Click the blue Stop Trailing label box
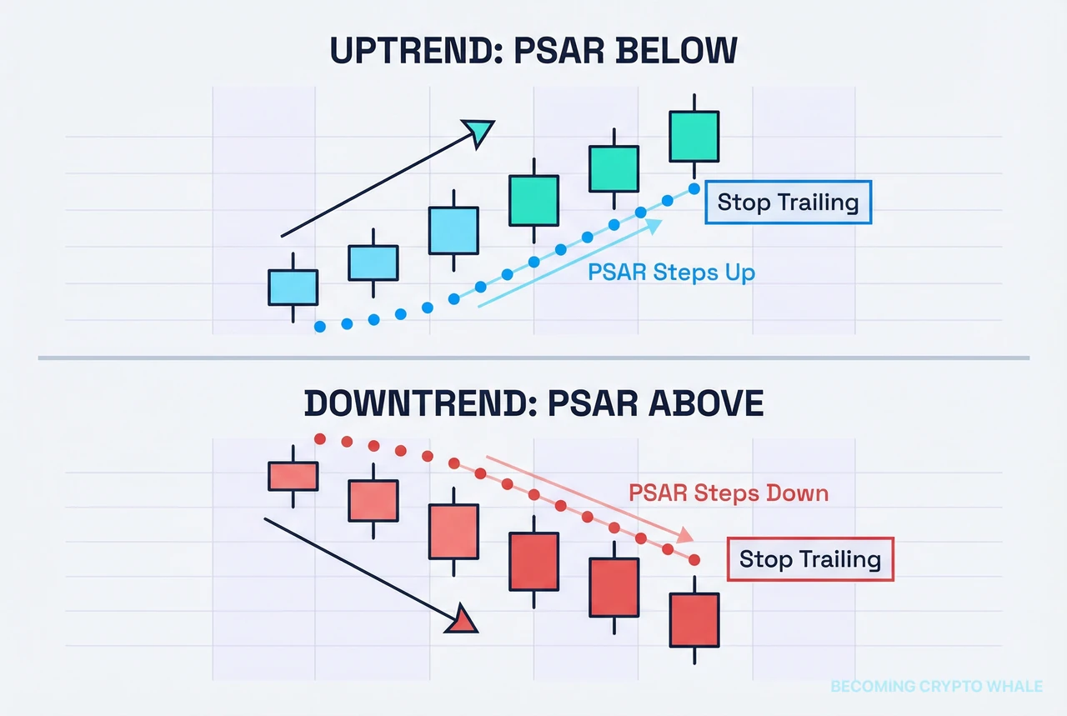pyautogui.click(x=788, y=202)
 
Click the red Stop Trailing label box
pyautogui.click(x=810, y=558)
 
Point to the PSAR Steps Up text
pyautogui.click(x=671, y=272)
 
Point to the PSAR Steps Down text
pyautogui.click(x=729, y=493)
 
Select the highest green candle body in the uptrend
pyautogui.click(x=694, y=136)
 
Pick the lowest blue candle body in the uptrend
pyautogui.click(x=293, y=287)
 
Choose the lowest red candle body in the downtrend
pyautogui.click(x=694, y=619)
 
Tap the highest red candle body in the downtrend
pyautogui.click(x=293, y=476)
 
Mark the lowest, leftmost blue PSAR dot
pyautogui.click(x=318, y=327)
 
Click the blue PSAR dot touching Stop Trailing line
pyautogui.click(x=694, y=188)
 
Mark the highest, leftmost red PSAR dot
pyautogui.click(x=318, y=438)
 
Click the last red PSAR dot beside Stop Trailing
pyautogui.click(x=694, y=559)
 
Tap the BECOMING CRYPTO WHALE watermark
pyautogui.click(x=936, y=686)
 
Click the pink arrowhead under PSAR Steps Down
pyautogui.click(x=689, y=535)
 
